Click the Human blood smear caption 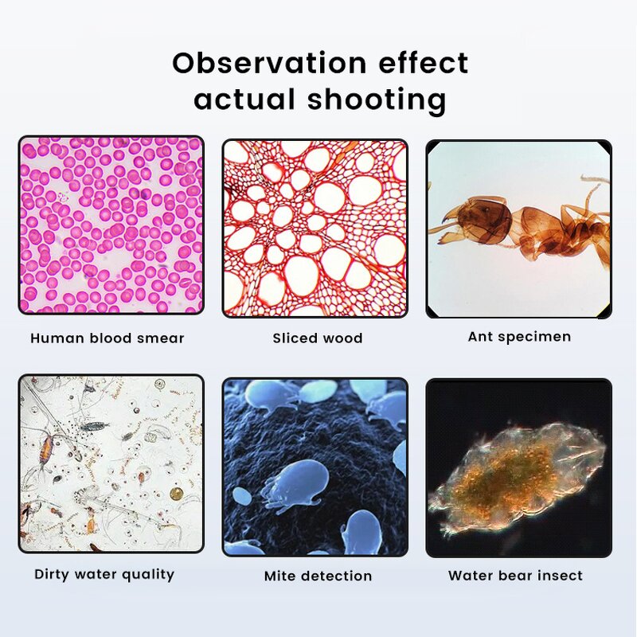coord(107,338)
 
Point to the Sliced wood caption coord(318,338)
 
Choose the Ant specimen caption coord(519,337)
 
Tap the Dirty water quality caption coord(104,574)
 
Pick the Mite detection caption coord(318,576)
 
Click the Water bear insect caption coord(515,575)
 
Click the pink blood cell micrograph coord(111,225)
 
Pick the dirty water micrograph coord(111,464)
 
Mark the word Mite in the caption coord(280,576)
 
